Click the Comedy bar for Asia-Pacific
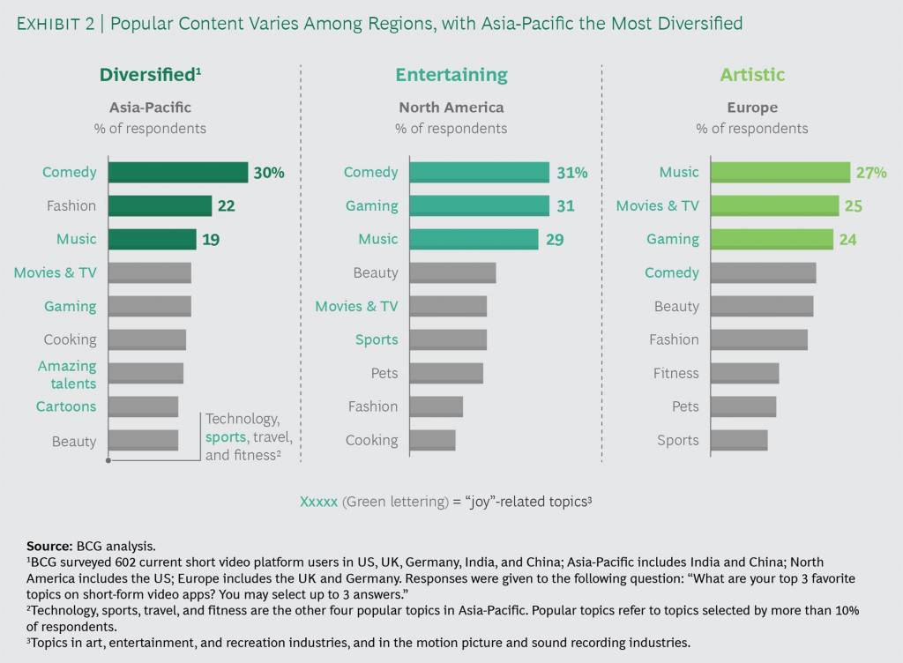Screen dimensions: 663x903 [177, 172]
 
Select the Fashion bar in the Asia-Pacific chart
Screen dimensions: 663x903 [160, 205]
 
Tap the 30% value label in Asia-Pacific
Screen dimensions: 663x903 [269, 173]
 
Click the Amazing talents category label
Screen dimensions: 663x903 [67, 374]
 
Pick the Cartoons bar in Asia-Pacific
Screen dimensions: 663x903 [143, 406]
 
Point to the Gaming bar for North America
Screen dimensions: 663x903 [479, 205]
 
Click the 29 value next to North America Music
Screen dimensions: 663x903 [555, 239]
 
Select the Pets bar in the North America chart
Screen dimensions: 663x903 [446, 373]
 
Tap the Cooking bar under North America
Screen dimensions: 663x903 [432, 440]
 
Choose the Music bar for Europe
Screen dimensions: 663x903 [780, 172]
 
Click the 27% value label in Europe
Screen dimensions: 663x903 [870, 173]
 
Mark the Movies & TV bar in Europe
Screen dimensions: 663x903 [774, 205]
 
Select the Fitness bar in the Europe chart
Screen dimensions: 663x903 [744, 373]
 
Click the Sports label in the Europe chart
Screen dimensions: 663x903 [677, 440]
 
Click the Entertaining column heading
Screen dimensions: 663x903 [451, 75]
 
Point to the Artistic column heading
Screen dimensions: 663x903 [752, 75]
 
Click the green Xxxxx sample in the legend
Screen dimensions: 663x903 [318, 501]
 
